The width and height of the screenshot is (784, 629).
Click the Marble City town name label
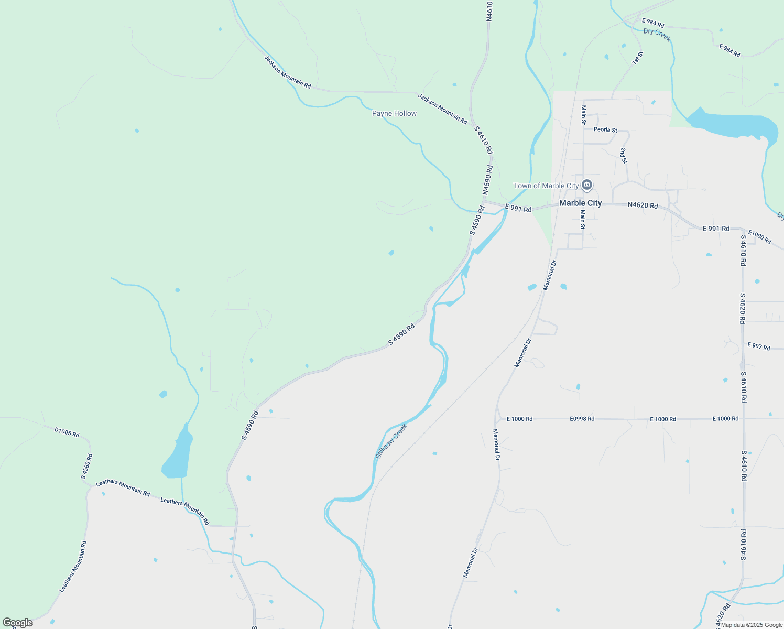coord(580,203)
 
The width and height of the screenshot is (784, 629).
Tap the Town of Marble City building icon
coord(587,185)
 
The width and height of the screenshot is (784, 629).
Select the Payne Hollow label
coord(394,113)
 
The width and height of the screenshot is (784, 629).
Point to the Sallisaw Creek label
coord(391,441)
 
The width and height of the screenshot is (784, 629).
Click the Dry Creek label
coord(657,35)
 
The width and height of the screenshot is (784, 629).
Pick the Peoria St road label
coord(605,129)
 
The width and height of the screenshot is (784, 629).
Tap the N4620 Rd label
coord(643,205)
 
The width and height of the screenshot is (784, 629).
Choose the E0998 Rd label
coord(582,419)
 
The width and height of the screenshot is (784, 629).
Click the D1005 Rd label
coord(67,432)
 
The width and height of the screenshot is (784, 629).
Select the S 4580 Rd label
coord(87,467)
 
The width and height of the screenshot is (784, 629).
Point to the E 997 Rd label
coord(758,346)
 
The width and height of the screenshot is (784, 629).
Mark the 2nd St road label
coord(623,155)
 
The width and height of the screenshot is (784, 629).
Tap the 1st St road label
coord(637,58)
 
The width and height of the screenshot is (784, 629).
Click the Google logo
coord(17,623)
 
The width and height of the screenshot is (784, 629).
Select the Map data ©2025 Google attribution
coord(752,625)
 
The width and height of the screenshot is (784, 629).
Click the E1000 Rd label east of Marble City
coord(759,237)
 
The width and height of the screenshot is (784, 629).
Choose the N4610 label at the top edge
coord(489,10)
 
